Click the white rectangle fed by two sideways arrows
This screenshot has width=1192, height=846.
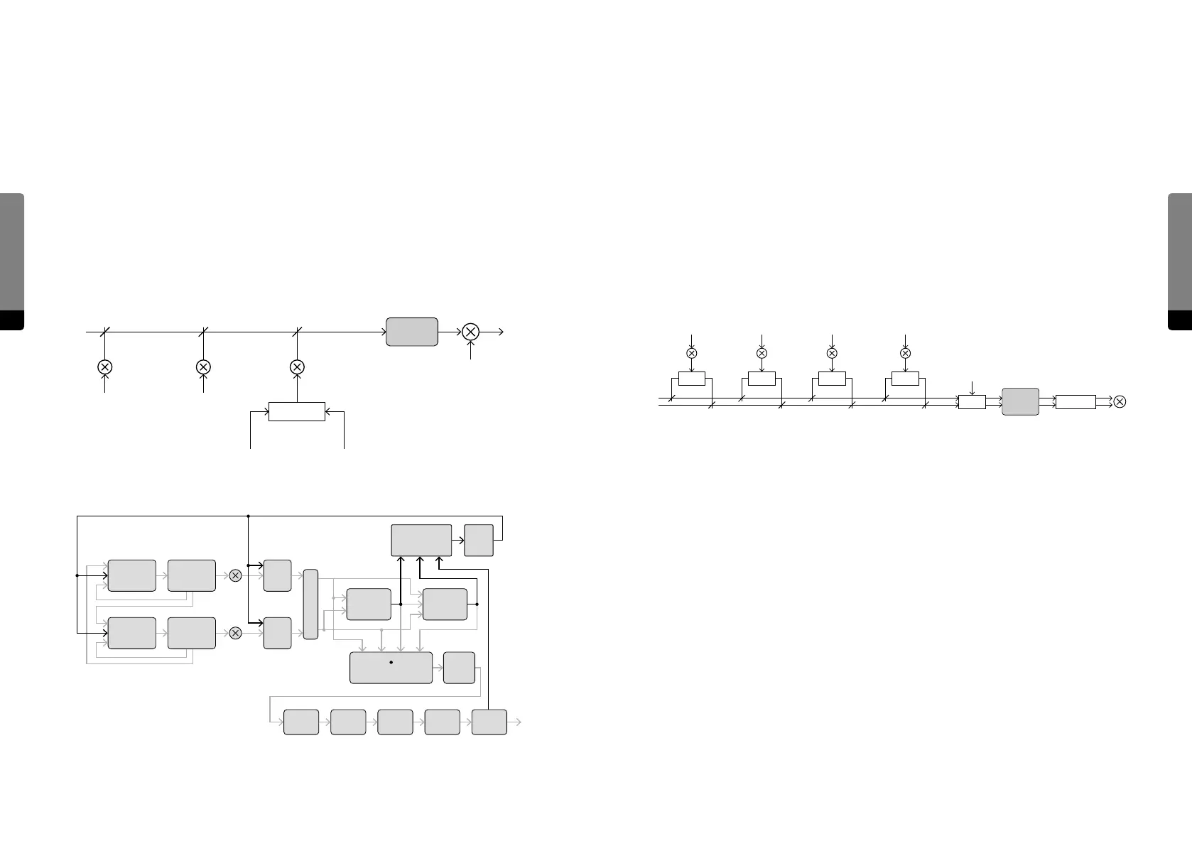297,411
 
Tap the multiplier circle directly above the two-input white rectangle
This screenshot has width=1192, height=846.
297,367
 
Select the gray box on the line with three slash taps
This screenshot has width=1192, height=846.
411,332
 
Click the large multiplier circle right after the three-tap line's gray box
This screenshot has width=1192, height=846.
470,332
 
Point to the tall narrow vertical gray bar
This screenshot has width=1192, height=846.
310,604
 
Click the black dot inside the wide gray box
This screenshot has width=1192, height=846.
391,662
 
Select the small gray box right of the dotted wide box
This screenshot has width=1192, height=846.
459,668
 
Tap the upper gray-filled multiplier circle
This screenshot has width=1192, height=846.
236,575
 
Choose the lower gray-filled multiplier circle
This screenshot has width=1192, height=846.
236,633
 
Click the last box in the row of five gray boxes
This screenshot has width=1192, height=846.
489,722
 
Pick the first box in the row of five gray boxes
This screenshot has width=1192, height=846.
301,722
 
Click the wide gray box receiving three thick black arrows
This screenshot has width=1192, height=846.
421,540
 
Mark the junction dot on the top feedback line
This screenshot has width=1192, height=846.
248,516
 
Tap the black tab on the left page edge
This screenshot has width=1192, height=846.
12,320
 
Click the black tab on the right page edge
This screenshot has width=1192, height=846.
1180,320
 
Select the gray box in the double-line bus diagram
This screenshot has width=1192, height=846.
1020,401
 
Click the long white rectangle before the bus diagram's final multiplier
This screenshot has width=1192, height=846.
1075,402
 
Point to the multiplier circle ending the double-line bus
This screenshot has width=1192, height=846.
1120,402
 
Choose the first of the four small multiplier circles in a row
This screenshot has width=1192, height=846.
691,353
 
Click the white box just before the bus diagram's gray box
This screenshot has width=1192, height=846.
972,402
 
